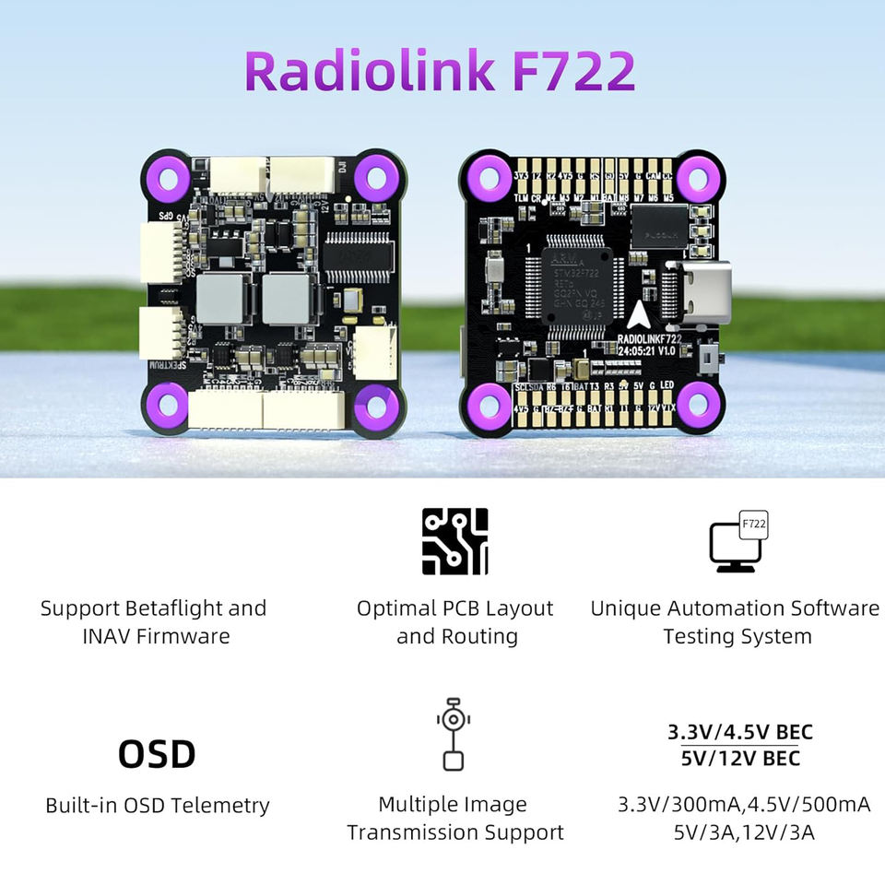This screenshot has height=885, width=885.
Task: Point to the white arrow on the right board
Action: pos(638,316)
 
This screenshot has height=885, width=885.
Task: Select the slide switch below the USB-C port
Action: pos(708,360)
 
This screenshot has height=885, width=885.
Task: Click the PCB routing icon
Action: pos(454,541)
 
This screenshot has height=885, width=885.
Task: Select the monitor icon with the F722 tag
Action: pos(737,543)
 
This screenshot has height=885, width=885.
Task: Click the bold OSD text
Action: pos(157,754)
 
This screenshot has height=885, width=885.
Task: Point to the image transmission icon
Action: pos(453,734)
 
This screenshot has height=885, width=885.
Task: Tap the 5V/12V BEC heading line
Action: pos(740,759)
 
